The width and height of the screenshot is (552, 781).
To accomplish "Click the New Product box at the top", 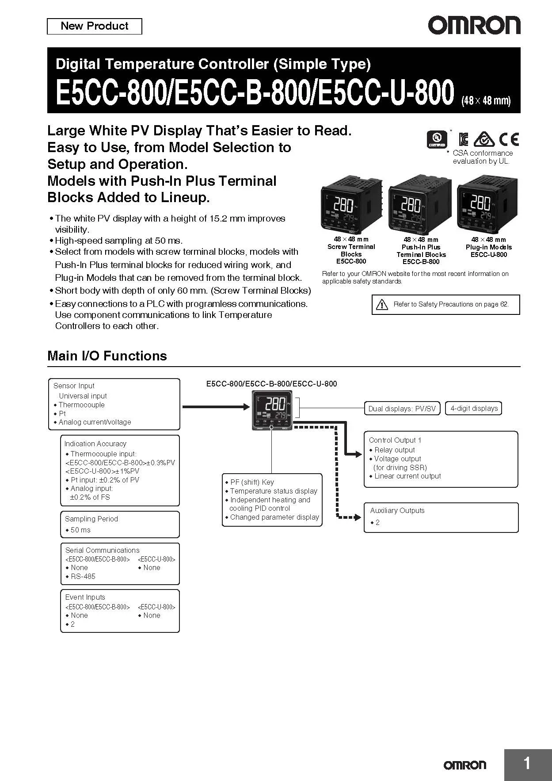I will [94, 26].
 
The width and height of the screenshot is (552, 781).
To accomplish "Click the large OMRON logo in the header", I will [474, 26].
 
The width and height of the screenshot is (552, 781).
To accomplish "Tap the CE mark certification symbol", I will [509, 140].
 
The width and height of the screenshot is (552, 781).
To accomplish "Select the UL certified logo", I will [437, 140].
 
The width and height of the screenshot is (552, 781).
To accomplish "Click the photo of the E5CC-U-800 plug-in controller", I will [487, 204].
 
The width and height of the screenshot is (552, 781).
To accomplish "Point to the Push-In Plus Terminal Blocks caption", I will [421, 251].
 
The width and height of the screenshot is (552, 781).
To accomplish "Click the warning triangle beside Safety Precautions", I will [381, 304].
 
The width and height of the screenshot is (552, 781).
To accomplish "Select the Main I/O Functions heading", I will [107, 356].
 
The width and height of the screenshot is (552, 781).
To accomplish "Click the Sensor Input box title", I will [74, 386].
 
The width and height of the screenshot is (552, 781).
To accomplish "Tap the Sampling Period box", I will [120, 524].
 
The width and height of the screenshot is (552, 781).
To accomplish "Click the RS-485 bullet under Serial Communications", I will [83, 576].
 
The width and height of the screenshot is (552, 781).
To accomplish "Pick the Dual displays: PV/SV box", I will [402, 409].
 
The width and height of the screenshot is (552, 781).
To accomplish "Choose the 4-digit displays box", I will [474, 408].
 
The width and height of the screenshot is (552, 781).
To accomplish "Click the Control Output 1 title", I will [395, 440].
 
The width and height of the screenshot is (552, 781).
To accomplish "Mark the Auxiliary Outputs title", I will [397, 510].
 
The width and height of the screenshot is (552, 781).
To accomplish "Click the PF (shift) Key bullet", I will [252, 482].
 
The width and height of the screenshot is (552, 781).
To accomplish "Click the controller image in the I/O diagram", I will [271, 410].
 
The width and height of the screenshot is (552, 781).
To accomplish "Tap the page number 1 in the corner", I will [527, 763].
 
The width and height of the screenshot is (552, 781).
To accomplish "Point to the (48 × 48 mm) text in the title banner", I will [486, 100].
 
